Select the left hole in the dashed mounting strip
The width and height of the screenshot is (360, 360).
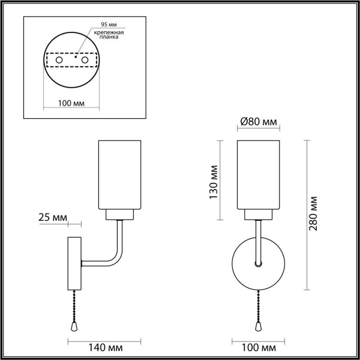(x=58, y=61)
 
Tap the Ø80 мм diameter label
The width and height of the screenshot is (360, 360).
(x=259, y=122)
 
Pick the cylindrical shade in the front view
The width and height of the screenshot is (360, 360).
(x=259, y=174)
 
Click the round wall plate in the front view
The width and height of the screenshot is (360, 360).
(x=258, y=263)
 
